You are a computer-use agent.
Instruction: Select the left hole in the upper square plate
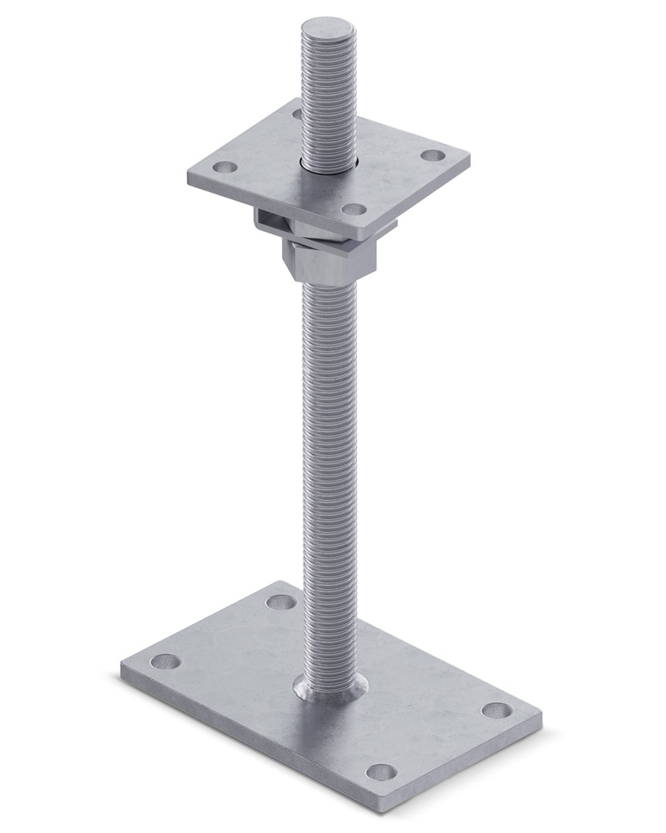point(225,168)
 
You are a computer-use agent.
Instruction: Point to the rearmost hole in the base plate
point(282,603)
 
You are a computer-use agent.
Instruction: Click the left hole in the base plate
point(166,661)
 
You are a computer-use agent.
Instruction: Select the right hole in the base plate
point(496,709)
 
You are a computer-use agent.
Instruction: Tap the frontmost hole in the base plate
point(381,771)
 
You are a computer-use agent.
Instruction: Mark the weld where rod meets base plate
point(329,690)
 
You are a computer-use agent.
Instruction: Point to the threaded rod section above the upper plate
point(328,98)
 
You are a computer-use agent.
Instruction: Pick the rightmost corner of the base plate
point(540,717)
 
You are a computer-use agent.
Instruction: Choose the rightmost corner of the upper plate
point(470,155)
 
